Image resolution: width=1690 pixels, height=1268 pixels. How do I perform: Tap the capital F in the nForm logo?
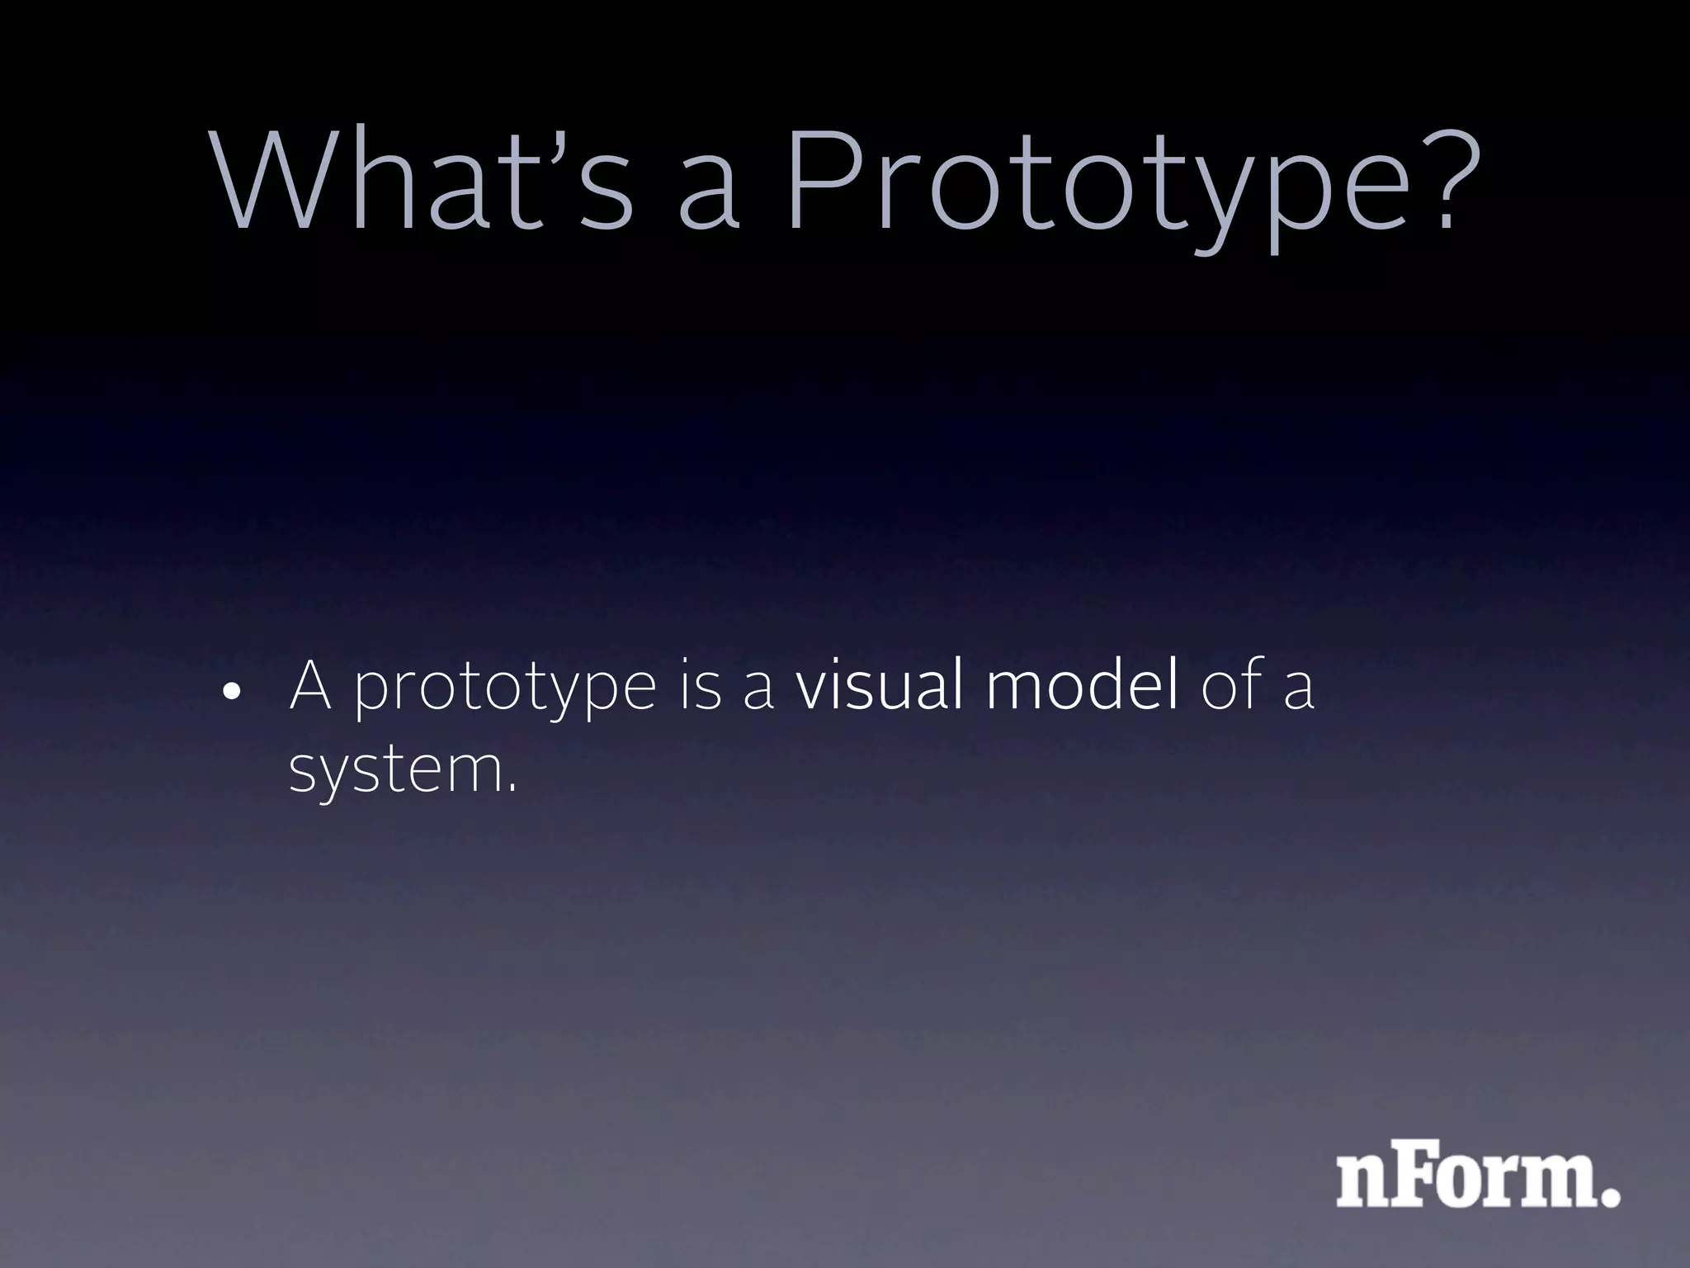(1416, 1180)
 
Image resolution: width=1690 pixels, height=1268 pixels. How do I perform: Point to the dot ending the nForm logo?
(1609, 1195)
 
